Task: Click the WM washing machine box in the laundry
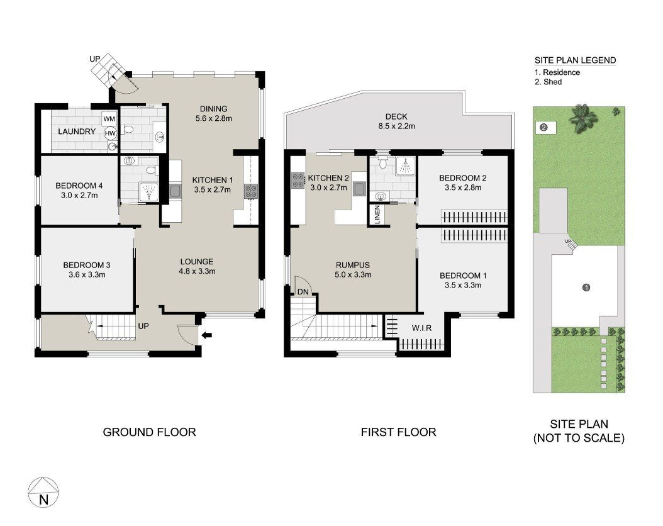pyautogui.click(x=109, y=119)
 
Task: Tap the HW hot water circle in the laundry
pyautogui.click(x=110, y=133)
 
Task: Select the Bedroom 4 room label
pyautogui.click(x=79, y=186)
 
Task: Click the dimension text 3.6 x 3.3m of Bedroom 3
pyautogui.click(x=87, y=275)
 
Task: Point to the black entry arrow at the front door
pyautogui.click(x=207, y=335)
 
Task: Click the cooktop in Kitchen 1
pyautogui.click(x=250, y=191)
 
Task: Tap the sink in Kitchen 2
pyautogui.click(x=359, y=188)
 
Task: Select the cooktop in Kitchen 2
pyautogui.click(x=298, y=180)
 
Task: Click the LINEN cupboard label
pyautogui.click(x=377, y=215)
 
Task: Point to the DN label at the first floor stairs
pyautogui.click(x=303, y=292)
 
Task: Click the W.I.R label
pyautogui.click(x=421, y=328)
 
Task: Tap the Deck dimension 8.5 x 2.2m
pyautogui.click(x=397, y=126)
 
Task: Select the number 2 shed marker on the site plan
pyautogui.click(x=544, y=127)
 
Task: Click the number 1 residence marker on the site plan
pyautogui.click(x=586, y=288)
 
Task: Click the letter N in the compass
pyautogui.click(x=43, y=500)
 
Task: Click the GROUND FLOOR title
pyautogui.click(x=149, y=432)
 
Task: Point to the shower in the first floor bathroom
pyautogui.click(x=405, y=165)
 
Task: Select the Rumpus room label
pyautogui.click(x=353, y=265)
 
